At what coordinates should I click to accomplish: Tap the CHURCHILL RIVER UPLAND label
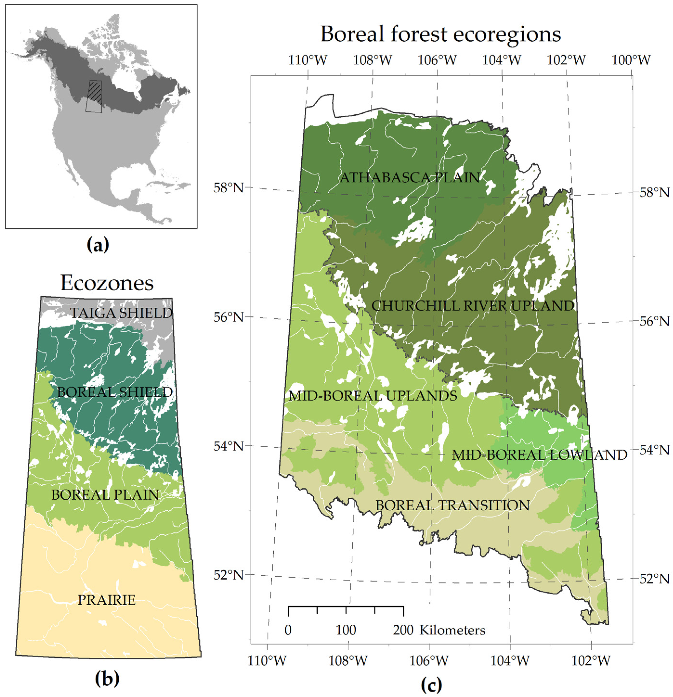coord(473,306)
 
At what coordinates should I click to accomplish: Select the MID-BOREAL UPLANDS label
coord(372,395)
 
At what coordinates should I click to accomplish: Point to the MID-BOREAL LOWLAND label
coord(539,455)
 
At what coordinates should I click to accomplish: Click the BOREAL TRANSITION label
coord(452,505)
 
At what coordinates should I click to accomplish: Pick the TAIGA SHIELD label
coord(121,313)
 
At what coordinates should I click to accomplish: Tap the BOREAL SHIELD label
coord(115,392)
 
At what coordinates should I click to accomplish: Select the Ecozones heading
coord(107,283)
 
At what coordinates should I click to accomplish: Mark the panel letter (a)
coord(98,245)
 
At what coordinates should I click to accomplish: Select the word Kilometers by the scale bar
coord(452,630)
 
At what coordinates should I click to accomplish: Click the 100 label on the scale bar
coord(346,630)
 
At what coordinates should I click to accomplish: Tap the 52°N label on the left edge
coord(229,575)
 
